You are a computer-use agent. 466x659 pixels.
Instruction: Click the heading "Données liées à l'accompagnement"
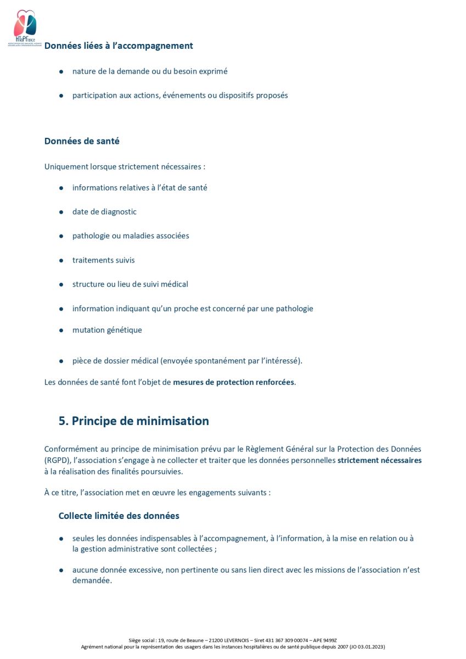pyautogui.click(x=119, y=46)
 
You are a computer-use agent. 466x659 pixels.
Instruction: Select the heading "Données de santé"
pyautogui.click(x=82, y=141)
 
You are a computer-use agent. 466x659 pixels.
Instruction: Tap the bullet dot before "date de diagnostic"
pyautogui.click(x=61, y=212)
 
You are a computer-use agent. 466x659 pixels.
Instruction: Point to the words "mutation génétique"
pyautogui.click(x=107, y=330)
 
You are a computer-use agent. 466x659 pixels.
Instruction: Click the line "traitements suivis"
pyautogui.click(x=103, y=260)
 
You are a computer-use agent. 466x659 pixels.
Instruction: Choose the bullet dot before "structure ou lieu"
pyautogui.click(x=61, y=284)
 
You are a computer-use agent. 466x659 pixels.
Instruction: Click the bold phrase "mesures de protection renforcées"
pyautogui.click(x=234, y=382)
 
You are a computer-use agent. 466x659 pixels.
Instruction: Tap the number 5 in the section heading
pyautogui.click(x=63, y=421)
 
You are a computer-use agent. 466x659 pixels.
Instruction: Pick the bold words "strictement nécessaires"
pyautogui.click(x=380, y=460)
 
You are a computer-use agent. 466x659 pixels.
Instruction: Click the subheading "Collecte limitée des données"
pyautogui.click(x=119, y=516)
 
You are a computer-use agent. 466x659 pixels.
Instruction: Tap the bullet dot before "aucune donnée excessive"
pyautogui.click(x=61, y=570)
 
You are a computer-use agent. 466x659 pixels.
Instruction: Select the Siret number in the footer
pyautogui.click(x=280, y=640)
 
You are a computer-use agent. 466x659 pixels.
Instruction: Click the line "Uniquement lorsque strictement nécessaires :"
pyautogui.click(x=125, y=166)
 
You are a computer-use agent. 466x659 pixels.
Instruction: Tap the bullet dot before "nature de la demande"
pyautogui.click(x=61, y=71)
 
